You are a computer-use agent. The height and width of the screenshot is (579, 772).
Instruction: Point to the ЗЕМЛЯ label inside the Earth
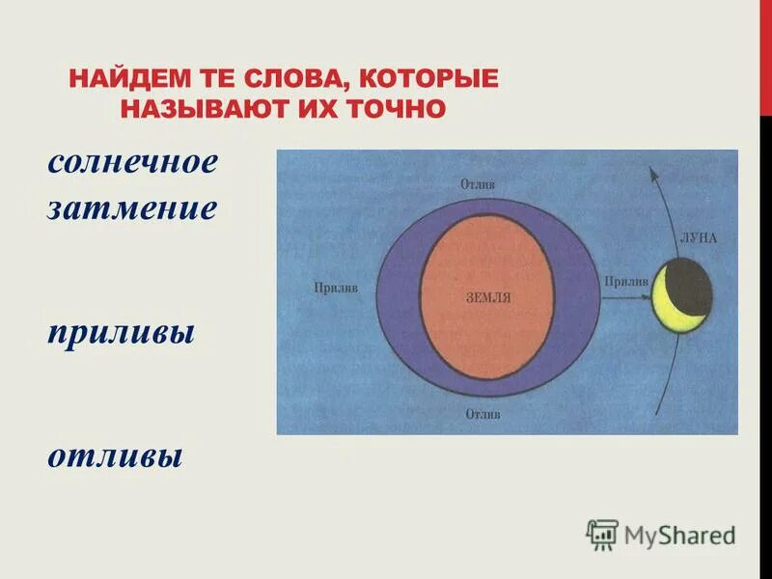[x=487, y=298]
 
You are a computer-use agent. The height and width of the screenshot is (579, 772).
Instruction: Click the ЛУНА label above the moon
[x=698, y=237]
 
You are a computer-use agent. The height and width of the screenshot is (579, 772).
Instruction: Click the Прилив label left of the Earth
[x=336, y=287]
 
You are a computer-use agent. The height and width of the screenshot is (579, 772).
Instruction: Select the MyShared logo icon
[x=602, y=534]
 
